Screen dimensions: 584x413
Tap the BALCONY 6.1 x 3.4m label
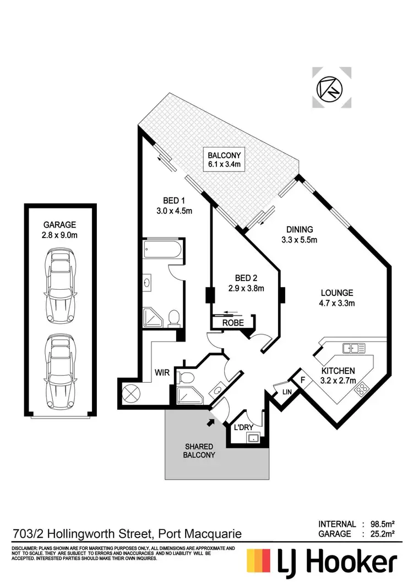tap(224, 159)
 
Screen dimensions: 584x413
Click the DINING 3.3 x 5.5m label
tap(300, 234)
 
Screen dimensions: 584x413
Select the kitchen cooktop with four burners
tap(361, 390)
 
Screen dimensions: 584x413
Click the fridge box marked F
tap(302, 379)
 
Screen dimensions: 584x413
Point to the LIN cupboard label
tap(286, 392)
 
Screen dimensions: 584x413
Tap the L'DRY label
tap(243, 427)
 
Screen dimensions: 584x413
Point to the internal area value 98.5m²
tap(385, 525)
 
